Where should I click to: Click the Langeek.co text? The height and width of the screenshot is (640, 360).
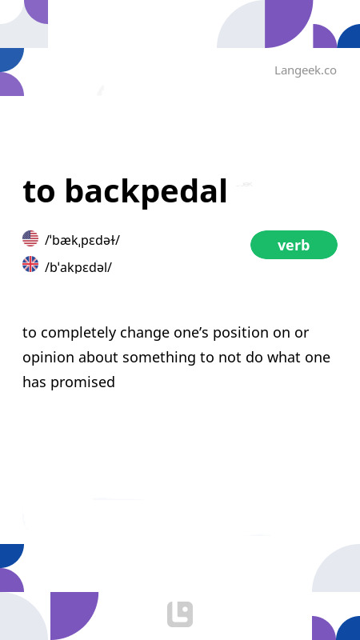[305, 70]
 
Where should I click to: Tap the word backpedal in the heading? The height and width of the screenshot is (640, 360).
[146, 192]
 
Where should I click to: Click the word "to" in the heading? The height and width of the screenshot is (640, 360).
[39, 192]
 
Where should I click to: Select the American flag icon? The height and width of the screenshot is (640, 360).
[30, 238]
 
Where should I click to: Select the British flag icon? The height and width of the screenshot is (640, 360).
[30, 265]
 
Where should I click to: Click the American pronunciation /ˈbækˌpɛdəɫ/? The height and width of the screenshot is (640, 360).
[82, 239]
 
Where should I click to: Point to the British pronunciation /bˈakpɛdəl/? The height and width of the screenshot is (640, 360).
[78, 266]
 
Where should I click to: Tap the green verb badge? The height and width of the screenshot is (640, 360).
[294, 245]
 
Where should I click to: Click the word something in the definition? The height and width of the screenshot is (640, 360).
[158, 357]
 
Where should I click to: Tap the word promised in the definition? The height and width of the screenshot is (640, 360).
[82, 382]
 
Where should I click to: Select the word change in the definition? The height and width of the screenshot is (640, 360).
[142, 332]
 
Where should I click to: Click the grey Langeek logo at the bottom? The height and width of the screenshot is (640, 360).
[180, 614]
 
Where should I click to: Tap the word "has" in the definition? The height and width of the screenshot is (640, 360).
[34, 382]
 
